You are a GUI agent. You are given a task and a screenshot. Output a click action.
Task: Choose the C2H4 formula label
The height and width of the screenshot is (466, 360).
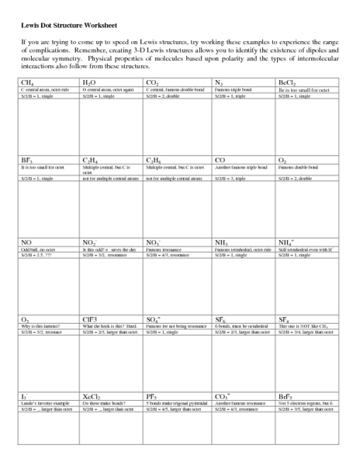(x=90, y=161)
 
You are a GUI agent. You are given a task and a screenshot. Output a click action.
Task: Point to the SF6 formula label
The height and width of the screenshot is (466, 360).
(x=220, y=320)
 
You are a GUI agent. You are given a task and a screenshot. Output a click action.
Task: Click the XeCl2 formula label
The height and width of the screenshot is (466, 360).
(x=92, y=397)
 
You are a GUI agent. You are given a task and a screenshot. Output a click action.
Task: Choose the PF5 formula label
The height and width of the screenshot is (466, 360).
(x=151, y=397)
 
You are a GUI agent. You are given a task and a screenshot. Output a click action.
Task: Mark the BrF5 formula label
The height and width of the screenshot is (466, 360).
(x=286, y=397)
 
